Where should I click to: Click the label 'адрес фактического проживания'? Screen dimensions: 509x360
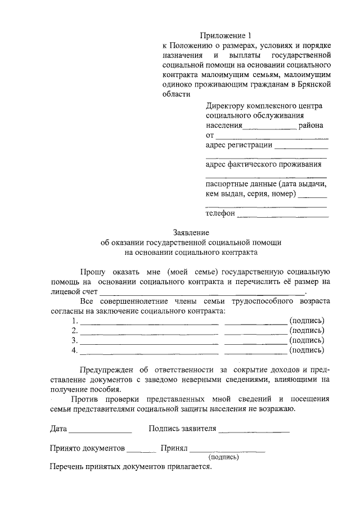pos(264,164)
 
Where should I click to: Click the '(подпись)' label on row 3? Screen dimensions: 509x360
pos(307,340)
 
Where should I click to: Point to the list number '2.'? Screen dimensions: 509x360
pos(75,330)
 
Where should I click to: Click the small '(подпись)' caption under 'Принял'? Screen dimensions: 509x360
pos(223,458)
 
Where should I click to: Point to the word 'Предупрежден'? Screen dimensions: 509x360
pos(104,370)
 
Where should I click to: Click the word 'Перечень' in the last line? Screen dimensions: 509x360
pos(66,467)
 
